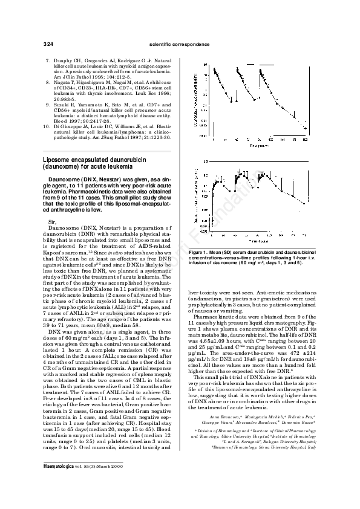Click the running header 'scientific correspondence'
point(180,45)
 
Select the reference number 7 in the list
point(48,62)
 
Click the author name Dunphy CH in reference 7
point(65,62)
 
